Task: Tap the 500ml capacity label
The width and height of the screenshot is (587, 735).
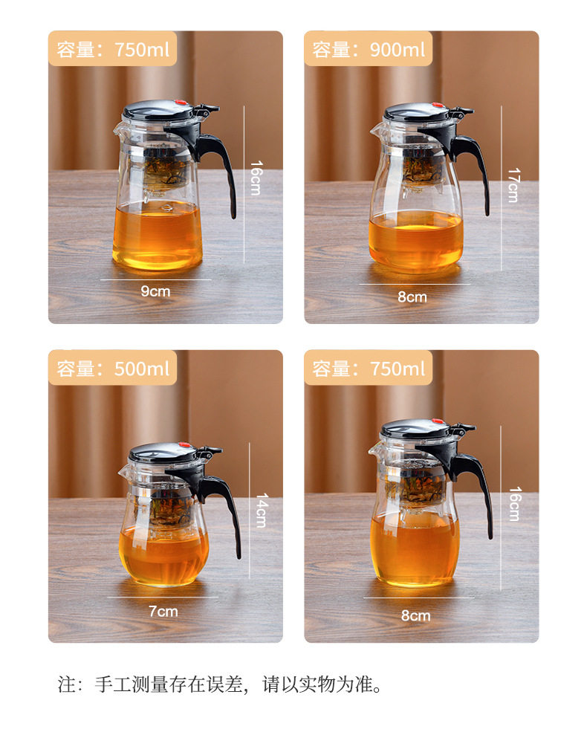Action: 112,369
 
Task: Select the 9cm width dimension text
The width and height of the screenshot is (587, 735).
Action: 155,291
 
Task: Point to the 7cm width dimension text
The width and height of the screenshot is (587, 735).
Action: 163,611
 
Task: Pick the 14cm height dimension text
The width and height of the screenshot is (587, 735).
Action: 262,511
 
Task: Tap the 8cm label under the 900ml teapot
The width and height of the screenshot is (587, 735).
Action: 412,297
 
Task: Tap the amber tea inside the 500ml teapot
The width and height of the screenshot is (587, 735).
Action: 163,555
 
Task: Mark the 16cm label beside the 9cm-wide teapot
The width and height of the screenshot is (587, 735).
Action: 256,178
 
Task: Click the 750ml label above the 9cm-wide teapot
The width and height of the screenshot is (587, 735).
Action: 112,49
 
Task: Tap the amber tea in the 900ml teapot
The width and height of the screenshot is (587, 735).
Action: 415,240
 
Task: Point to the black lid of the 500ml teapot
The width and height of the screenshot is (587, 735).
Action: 163,452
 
